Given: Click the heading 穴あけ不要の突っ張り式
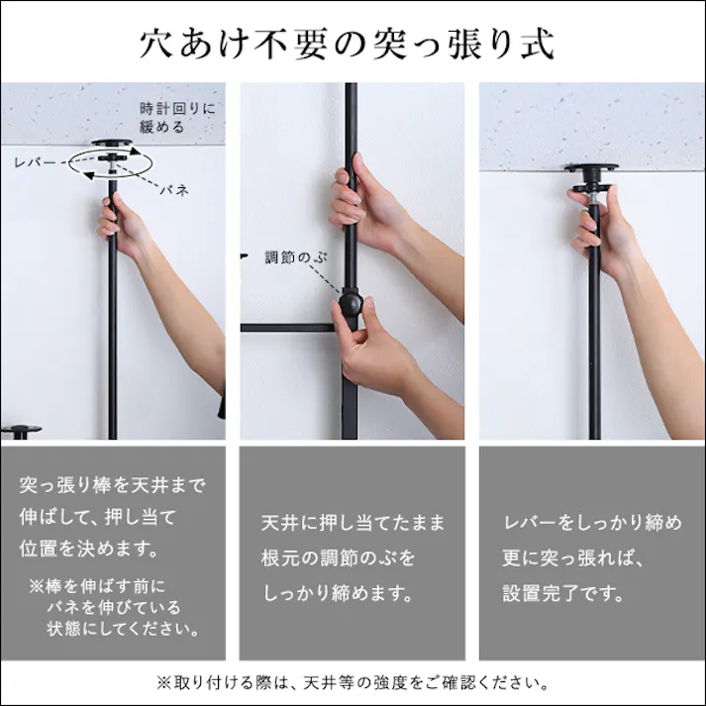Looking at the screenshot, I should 353,44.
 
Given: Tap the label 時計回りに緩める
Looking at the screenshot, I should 175,117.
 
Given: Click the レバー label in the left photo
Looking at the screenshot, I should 35,160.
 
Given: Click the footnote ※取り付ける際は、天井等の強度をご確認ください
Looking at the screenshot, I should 353,683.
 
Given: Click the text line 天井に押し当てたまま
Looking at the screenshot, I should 353,522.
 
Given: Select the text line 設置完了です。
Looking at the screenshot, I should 563,594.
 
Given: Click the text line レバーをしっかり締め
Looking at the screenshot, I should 592,522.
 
